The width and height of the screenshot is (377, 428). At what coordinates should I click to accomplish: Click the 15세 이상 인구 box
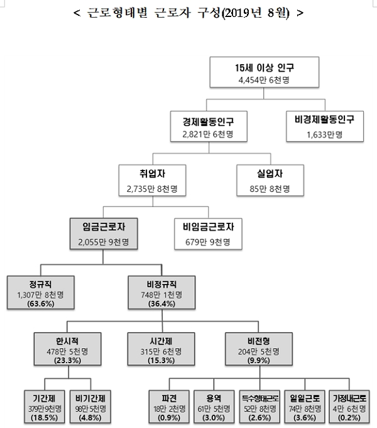coord(254,72)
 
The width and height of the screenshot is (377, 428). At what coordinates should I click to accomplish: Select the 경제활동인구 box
coord(205,124)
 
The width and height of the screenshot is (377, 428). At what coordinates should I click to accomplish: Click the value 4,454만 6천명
coord(254,80)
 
